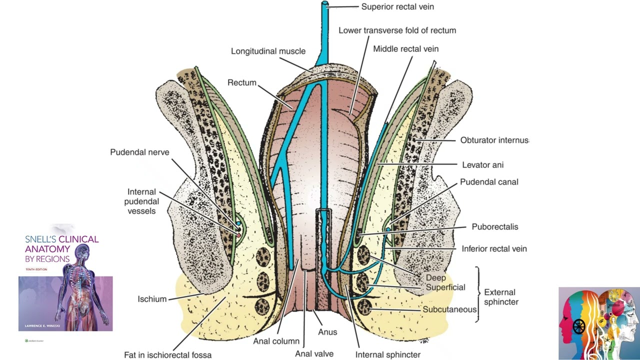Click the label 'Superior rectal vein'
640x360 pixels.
click(397, 7)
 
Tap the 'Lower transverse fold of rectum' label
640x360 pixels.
click(397, 30)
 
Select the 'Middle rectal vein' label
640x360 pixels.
click(405, 49)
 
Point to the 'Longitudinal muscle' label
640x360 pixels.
click(268, 51)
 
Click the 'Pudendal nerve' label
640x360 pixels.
click(139, 152)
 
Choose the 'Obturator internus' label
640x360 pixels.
click(494, 140)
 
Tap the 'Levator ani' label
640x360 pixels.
click(483, 165)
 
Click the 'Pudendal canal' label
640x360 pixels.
click(489, 182)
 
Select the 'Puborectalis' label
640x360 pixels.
click(495, 227)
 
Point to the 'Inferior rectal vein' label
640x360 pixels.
click(494, 249)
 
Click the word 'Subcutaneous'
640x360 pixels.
click(449, 309)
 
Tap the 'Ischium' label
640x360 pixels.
click(152, 299)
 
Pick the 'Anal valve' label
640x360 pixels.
click(314, 353)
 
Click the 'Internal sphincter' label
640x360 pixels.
click(387, 354)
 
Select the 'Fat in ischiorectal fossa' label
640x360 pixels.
click(167, 355)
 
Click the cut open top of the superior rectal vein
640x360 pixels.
click(325, 3)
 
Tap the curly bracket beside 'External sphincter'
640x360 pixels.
click(478, 294)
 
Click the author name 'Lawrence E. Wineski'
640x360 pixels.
click(42, 325)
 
